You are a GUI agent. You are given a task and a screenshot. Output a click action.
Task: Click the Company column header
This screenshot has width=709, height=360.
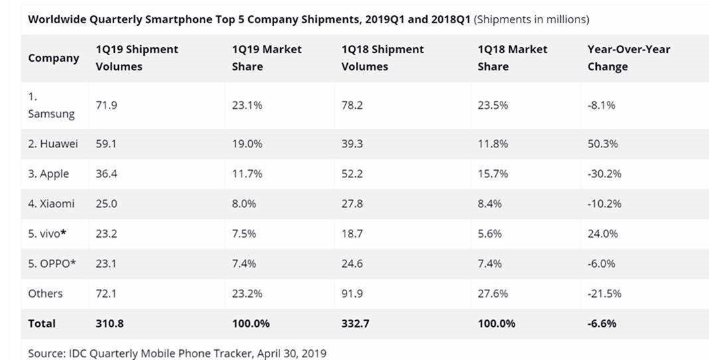tap(53, 58)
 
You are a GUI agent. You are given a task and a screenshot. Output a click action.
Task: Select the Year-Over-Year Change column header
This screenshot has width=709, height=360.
tap(628, 58)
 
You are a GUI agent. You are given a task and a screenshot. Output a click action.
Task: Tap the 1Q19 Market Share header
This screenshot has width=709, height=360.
tap(266, 58)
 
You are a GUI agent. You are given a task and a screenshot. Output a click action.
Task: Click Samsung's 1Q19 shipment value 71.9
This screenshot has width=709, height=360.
tap(106, 105)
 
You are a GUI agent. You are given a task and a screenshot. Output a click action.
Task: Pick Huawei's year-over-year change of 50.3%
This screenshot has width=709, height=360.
tap(602, 143)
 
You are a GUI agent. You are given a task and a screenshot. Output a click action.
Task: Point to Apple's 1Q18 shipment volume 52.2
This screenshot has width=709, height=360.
tap(352, 174)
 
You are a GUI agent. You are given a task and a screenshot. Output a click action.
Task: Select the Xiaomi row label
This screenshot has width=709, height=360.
tap(51, 204)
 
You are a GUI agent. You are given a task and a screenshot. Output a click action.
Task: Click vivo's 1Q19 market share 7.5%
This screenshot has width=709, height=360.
tap(244, 234)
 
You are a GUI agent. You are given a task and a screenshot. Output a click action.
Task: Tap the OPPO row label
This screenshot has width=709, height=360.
tap(52, 264)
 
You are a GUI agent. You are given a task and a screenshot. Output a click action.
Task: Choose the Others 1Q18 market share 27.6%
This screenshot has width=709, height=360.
tap(493, 294)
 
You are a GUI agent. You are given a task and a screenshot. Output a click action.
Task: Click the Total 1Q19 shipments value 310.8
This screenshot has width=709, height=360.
tap(109, 323)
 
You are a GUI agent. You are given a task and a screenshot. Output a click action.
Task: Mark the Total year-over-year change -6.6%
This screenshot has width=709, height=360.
tap(601, 323)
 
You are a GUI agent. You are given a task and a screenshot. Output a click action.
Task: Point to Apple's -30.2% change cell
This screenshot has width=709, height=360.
tap(604, 174)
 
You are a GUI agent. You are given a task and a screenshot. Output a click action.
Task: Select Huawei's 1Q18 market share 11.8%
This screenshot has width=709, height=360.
tap(493, 143)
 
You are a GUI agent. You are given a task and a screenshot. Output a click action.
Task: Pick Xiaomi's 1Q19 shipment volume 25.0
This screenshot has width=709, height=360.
tap(106, 204)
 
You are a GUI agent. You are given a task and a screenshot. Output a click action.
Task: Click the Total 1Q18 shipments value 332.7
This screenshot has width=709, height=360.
tap(355, 323)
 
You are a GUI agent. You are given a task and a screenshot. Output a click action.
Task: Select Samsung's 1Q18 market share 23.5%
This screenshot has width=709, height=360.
tap(493, 105)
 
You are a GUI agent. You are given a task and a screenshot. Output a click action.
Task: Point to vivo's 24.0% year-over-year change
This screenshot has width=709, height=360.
tap(602, 234)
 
